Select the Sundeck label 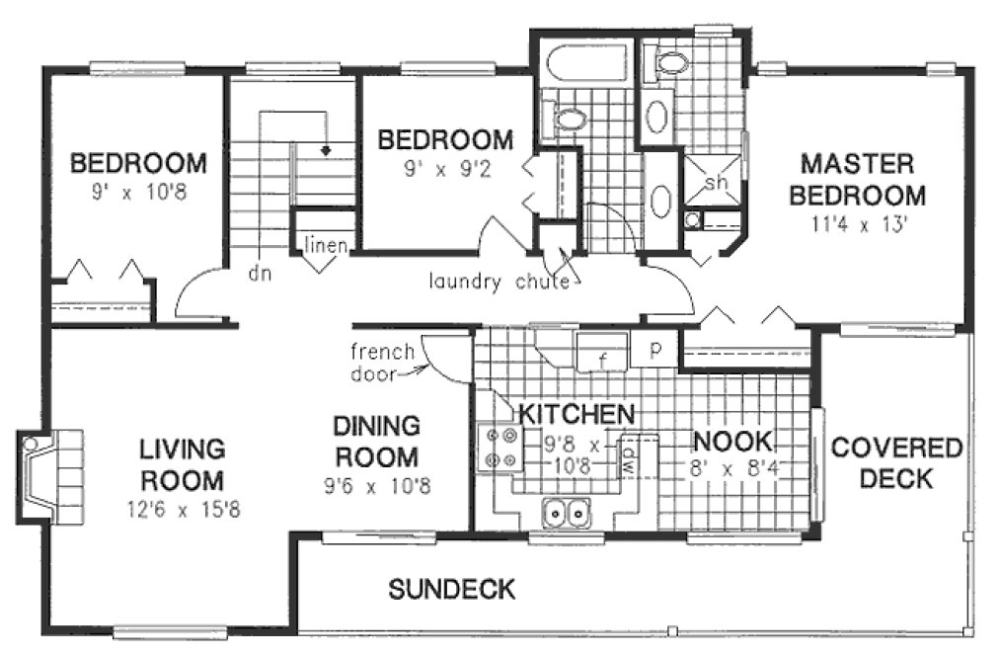[x=451, y=590]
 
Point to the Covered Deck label [x=895, y=463]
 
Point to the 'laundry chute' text [x=499, y=282]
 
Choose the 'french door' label [x=376, y=363]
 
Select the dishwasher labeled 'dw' [x=628, y=455]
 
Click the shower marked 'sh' [x=717, y=182]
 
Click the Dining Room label [x=376, y=442]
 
